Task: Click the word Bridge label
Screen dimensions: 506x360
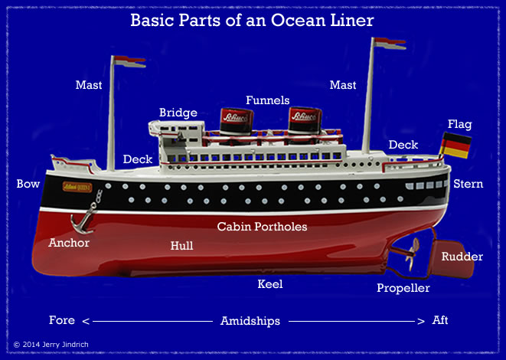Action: click(x=178, y=113)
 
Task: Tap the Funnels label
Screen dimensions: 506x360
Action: click(x=267, y=100)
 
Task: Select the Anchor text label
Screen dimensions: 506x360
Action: click(x=69, y=243)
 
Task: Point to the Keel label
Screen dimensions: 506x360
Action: click(x=270, y=284)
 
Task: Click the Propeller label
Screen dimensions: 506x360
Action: click(x=403, y=288)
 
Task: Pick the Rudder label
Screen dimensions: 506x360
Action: click(x=462, y=257)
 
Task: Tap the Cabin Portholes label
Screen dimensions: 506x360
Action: click(x=262, y=227)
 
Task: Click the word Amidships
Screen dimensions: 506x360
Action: click(x=250, y=320)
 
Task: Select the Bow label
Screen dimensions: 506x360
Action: click(x=28, y=184)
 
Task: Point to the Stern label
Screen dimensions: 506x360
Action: click(x=468, y=184)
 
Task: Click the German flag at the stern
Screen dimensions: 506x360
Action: click(x=456, y=146)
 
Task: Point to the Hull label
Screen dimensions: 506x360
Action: click(x=181, y=246)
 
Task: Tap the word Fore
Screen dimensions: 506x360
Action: click(x=61, y=320)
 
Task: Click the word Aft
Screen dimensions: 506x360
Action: click(x=441, y=320)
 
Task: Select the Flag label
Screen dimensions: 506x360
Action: click(x=459, y=124)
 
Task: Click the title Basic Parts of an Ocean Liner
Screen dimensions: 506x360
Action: click(x=252, y=21)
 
